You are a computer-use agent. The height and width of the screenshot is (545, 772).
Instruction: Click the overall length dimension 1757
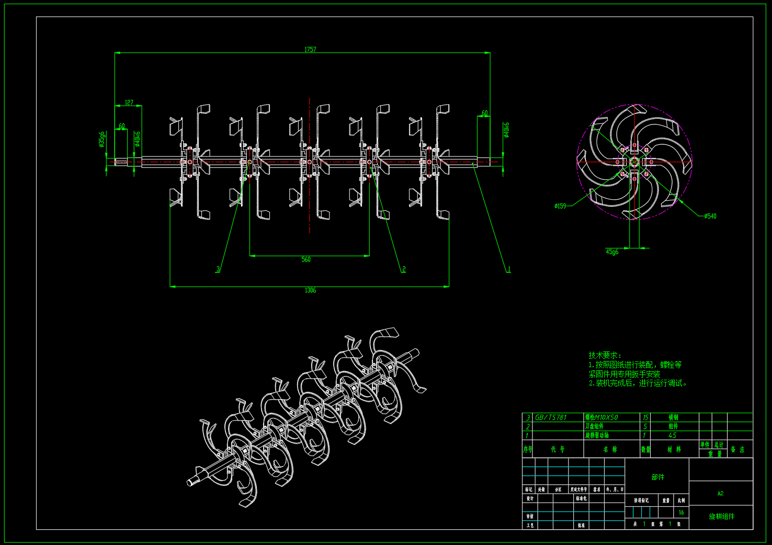coord(310,50)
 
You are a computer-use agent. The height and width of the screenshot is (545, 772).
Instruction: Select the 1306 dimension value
coord(310,290)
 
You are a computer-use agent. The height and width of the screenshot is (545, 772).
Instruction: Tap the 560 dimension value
coord(306,259)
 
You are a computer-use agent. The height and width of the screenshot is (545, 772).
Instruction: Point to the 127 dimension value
coord(129,103)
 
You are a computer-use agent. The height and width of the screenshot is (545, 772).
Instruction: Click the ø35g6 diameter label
coord(102,140)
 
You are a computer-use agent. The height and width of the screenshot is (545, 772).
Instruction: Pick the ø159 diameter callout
coord(560,206)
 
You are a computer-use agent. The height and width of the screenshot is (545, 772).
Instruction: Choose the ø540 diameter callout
coord(710,216)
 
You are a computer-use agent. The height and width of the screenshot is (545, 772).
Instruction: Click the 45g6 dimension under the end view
coord(612,252)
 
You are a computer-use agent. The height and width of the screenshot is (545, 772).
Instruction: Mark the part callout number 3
coord(218,269)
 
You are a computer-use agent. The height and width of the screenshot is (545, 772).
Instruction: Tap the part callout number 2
coord(404,269)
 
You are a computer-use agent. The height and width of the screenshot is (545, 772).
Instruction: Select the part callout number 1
coord(508,269)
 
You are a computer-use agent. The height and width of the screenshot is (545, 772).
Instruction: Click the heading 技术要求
coord(605,355)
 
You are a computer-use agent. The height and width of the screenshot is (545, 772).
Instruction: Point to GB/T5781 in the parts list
coord(551,417)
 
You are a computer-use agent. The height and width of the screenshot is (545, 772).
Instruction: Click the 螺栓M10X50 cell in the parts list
coord(601,417)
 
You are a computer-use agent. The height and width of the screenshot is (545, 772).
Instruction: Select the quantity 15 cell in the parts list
coord(645,417)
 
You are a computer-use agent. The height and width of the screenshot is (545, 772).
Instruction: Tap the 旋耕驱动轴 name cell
coord(597,435)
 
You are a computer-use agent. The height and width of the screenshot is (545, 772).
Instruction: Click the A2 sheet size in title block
coord(720,493)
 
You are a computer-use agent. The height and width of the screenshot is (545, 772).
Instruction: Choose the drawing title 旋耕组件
coord(721,516)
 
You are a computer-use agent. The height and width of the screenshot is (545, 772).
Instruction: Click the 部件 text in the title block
coord(657,477)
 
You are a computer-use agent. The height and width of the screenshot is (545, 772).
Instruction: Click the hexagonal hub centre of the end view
coord(634,162)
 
